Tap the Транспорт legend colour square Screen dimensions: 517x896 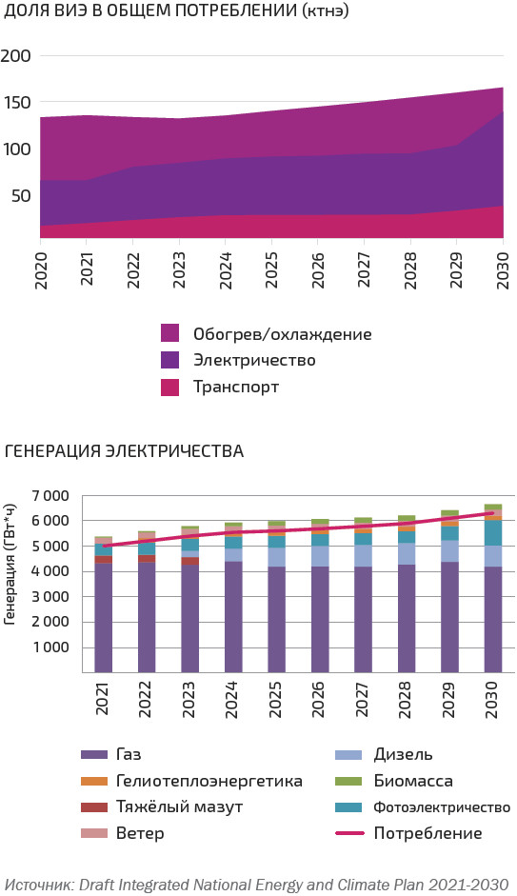coord(169,387)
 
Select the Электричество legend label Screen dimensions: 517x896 coord(254,360)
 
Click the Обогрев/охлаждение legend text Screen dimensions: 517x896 coord(282,333)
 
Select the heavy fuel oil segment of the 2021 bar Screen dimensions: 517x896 coord(104,560)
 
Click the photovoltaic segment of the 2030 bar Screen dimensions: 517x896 coord(493,532)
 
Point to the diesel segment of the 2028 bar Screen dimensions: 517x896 coord(407,554)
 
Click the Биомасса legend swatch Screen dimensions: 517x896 coord(348,781)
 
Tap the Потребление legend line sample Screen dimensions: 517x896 coord(348,833)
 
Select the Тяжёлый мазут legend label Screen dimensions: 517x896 coord(179,806)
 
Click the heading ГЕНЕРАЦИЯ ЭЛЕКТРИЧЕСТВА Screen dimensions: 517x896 coord(124,451)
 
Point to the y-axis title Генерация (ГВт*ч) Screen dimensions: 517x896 coord(10,565)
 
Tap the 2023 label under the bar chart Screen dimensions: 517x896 coord(189,699)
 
